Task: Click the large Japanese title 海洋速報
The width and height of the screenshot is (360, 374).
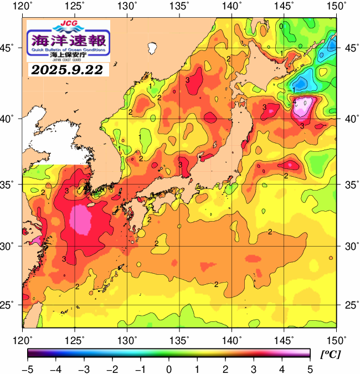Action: point(69,40)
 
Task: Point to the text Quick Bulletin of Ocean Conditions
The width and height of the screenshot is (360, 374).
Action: point(69,50)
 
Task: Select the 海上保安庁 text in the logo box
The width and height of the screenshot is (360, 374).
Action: point(69,55)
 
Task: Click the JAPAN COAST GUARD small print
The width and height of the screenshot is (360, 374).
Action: point(69,60)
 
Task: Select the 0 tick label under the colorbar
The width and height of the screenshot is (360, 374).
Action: point(168,368)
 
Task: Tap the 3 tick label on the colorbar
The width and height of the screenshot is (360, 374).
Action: point(254,368)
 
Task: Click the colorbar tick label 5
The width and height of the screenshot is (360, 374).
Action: point(310,368)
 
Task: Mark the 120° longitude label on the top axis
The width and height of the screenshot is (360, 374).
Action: point(23,6)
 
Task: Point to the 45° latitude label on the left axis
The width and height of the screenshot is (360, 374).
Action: point(10,48)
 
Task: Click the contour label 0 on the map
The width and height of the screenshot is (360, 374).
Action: point(281,26)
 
